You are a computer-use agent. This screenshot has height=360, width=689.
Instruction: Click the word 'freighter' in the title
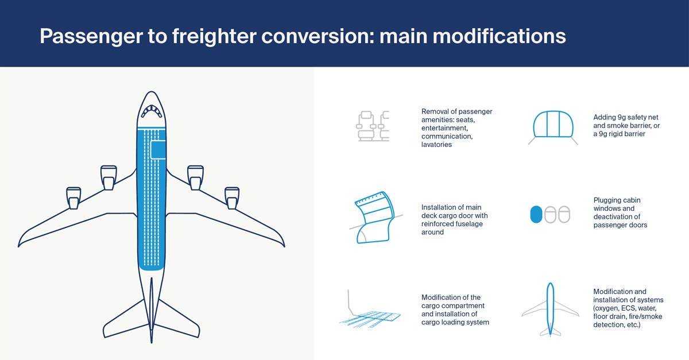click(x=204, y=36)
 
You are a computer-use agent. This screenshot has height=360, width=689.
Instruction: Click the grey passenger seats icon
click(x=371, y=126)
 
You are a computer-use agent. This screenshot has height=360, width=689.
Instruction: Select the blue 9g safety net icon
click(x=555, y=126)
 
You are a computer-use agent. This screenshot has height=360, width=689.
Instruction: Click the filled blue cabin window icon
click(x=536, y=215)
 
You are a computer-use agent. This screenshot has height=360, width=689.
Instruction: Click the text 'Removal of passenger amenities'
click(x=456, y=115)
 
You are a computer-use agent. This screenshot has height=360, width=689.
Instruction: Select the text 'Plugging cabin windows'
click(x=617, y=204)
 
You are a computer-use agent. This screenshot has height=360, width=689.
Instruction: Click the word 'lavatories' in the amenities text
click(x=436, y=145)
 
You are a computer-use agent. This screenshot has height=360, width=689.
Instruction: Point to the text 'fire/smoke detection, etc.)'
click(x=617, y=325)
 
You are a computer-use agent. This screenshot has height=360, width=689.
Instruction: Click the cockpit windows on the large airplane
click(x=152, y=110)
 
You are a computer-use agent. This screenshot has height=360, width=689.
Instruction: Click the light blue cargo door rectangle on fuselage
click(x=157, y=149)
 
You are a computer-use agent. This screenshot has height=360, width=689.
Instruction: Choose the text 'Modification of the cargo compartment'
click(x=451, y=301)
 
